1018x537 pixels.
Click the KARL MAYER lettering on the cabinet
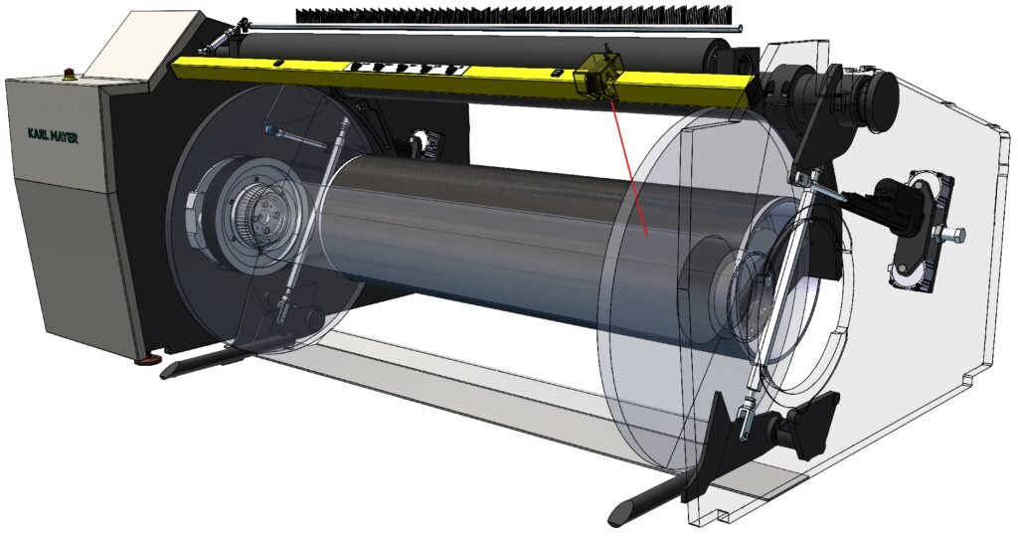click(x=53, y=135)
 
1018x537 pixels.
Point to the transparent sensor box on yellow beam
click(x=597, y=74)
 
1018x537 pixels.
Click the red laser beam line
click(x=628, y=167)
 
